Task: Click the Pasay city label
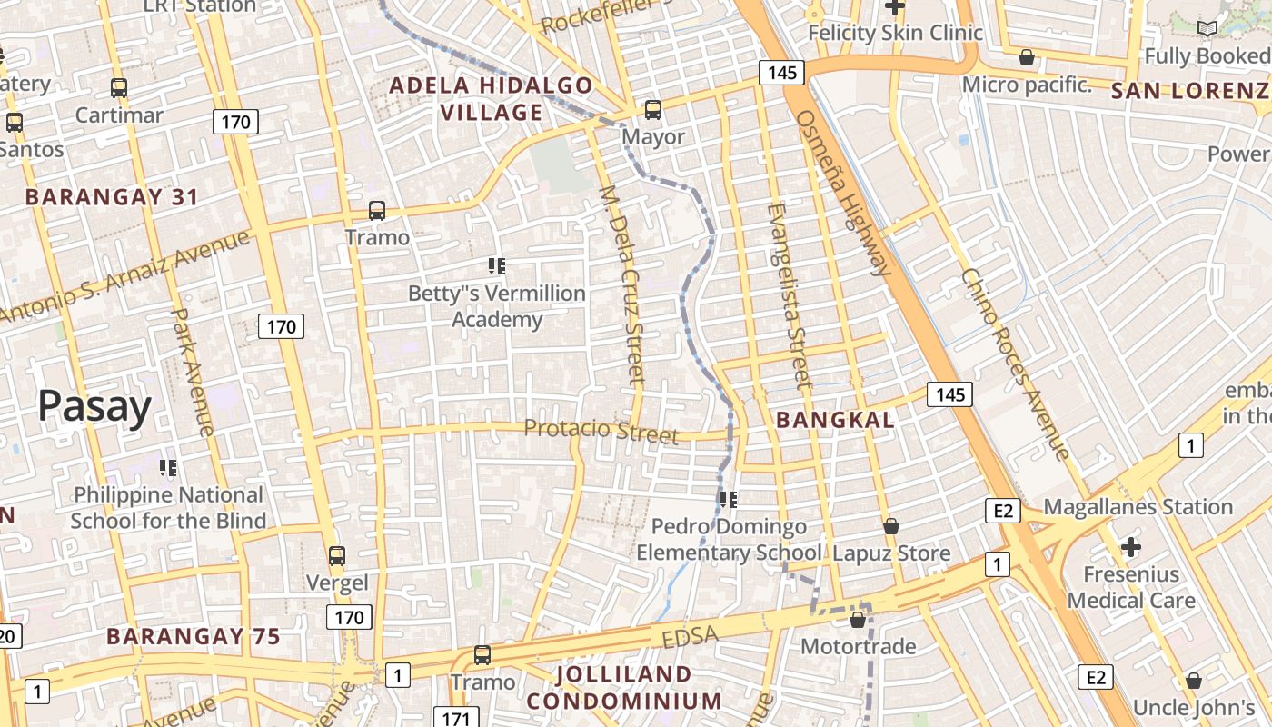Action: pyautogui.click(x=94, y=406)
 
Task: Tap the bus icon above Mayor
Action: pyautogui.click(x=652, y=110)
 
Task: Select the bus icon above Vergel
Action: pyautogui.click(x=337, y=555)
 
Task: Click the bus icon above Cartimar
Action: pyautogui.click(x=119, y=88)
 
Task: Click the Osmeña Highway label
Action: pyautogui.click(x=843, y=193)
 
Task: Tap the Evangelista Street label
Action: pyautogui.click(x=788, y=295)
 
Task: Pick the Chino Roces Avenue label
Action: pyautogui.click(x=1015, y=363)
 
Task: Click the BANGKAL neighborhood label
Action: pyautogui.click(x=835, y=420)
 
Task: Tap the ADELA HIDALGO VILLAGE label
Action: pyautogui.click(x=492, y=99)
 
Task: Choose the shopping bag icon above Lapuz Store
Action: pyautogui.click(x=891, y=526)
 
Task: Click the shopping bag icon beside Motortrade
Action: pyautogui.click(x=857, y=620)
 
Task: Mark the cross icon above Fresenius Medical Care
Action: pyautogui.click(x=1130, y=547)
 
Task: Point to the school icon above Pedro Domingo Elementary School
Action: pyautogui.click(x=728, y=499)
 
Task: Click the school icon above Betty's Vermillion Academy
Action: pyautogui.click(x=496, y=266)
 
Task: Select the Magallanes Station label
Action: pyautogui.click(x=1138, y=507)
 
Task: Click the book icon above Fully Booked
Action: pyautogui.click(x=1207, y=29)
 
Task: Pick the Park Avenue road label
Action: pyautogui.click(x=192, y=371)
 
